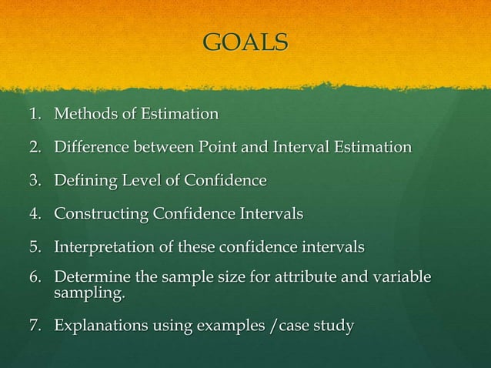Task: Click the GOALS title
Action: point(245,42)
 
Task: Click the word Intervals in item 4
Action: point(269,213)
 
